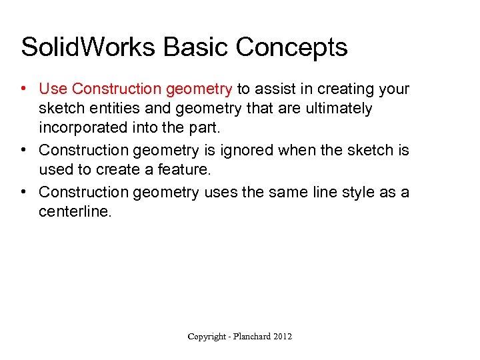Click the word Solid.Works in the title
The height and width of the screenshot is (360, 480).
click(87, 47)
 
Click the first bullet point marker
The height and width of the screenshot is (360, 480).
click(23, 89)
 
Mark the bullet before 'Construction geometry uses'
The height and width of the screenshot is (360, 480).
click(23, 192)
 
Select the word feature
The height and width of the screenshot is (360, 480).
click(185, 170)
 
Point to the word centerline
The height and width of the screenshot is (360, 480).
click(72, 211)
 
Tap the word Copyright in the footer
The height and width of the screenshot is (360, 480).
click(207, 337)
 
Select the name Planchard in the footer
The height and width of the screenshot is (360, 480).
click(253, 337)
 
